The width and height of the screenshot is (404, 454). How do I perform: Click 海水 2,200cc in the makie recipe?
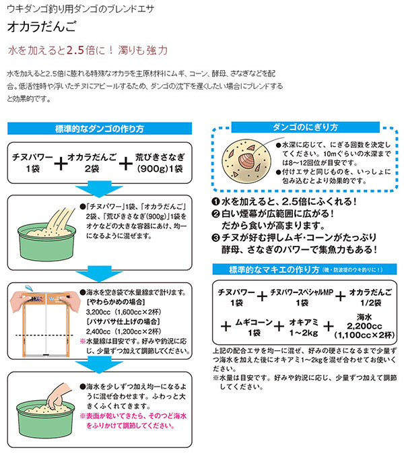click(361, 326)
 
